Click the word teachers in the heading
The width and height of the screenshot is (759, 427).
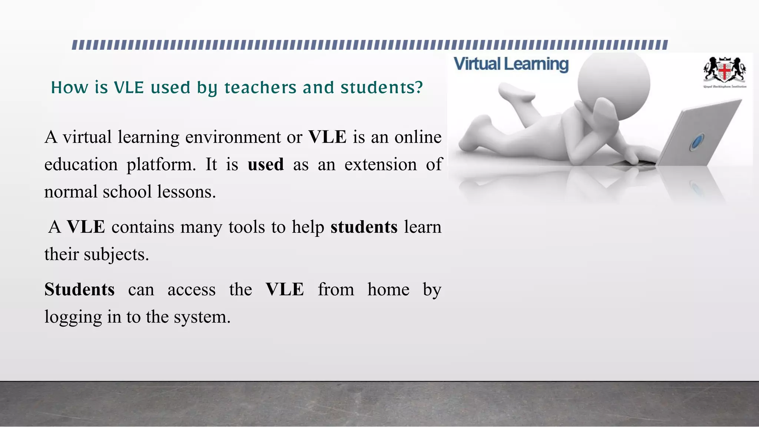point(260,88)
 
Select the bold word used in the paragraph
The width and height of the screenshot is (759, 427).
point(266,164)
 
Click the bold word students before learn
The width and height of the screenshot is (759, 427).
point(364,227)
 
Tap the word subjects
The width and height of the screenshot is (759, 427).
point(116,255)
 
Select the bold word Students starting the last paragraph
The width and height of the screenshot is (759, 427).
point(80,289)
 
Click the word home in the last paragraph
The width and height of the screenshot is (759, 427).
point(388,289)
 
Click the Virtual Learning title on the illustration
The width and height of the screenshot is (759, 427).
point(511,64)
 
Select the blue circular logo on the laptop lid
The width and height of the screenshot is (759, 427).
point(697,142)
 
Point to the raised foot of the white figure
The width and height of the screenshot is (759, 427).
point(516,92)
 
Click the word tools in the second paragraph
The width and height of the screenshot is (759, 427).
point(246,227)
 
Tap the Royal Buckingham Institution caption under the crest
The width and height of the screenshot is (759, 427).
point(725,87)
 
